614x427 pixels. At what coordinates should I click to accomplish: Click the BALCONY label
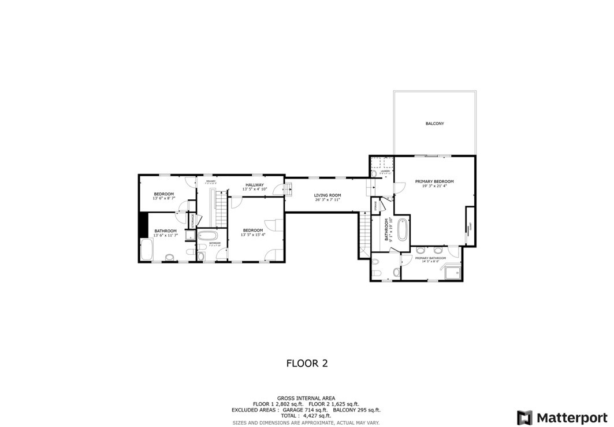(x=434, y=124)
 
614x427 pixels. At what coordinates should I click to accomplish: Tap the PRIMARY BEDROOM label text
(x=434, y=181)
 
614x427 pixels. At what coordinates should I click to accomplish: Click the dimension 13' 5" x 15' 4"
(x=253, y=235)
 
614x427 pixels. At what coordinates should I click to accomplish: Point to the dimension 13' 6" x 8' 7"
(x=163, y=198)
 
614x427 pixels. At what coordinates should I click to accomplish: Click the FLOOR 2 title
(x=307, y=363)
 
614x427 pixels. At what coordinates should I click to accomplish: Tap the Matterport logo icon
(x=524, y=417)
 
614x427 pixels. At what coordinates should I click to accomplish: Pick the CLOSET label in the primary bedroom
(x=470, y=227)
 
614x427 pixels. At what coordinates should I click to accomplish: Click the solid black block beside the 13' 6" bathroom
(x=143, y=225)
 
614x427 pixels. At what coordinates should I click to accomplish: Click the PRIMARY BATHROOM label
(x=430, y=258)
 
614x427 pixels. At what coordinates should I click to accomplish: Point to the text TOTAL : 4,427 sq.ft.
(x=307, y=415)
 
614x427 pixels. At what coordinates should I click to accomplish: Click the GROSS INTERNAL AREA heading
(x=307, y=398)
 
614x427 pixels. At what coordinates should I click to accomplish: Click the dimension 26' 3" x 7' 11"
(x=328, y=200)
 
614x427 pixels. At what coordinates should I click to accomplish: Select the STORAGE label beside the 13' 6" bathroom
(x=193, y=220)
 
